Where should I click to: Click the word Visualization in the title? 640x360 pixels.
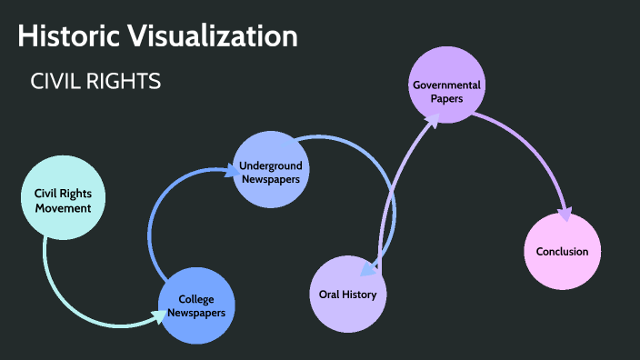click(x=217, y=36)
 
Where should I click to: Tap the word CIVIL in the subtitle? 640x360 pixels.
click(x=56, y=82)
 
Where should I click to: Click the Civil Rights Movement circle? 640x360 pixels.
click(x=63, y=200)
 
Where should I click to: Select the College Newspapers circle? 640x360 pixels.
click(x=196, y=305)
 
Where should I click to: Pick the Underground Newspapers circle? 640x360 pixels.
click(x=271, y=171)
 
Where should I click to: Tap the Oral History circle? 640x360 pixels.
click(x=348, y=294)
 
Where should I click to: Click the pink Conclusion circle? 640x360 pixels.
click(x=562, y=252)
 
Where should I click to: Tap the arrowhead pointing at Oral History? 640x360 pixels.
click(x=366, y=269)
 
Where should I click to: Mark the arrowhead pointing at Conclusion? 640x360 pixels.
click(x=565, y=215)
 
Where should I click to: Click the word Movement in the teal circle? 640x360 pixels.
click(x=63, y=208)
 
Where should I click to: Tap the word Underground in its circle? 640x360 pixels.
click(x=271, y=165)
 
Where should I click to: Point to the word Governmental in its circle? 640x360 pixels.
click(x=446, y=85)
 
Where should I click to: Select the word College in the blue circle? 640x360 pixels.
click(x=196, y=299)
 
